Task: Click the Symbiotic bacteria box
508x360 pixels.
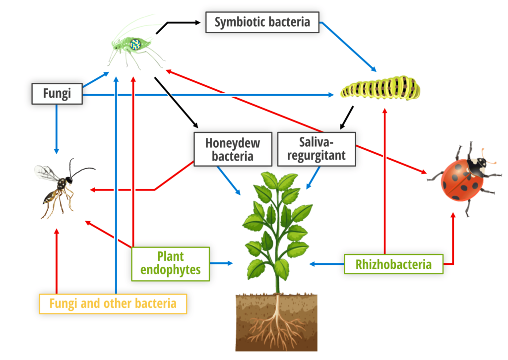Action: pyautogui.click(x=262, y=22)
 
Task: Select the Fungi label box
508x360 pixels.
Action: pyautogui.click(x=57, y=94)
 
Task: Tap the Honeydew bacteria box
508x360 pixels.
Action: pyautogui.click(x=233, y=149)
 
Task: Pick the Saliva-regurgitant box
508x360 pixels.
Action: pyautogui.click(x=317, y=149)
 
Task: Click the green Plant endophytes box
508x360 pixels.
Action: pyautogui.click(x=171, y=264)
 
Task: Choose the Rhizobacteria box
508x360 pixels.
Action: pyautogui.click(x=393, y=264)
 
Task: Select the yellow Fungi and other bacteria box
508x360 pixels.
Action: pyautogui.click(x=113, y=303)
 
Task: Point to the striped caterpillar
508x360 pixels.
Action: pyautogui.click(x=381, y=87)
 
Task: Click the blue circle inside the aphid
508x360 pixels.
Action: pyautogui.click(x=135, y=44)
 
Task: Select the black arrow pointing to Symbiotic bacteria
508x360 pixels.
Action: pyautogui.click(x=175, y=23)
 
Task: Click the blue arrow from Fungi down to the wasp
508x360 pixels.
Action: pyautogui.click(x=57, y=129)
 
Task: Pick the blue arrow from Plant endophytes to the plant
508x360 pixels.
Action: pyautogui.click(x=221, y=263)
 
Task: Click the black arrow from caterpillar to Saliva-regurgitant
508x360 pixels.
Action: pyautogui.click(x=347, y=118)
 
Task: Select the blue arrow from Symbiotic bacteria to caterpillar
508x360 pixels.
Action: pyautogui.click(x=348, y=47)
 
